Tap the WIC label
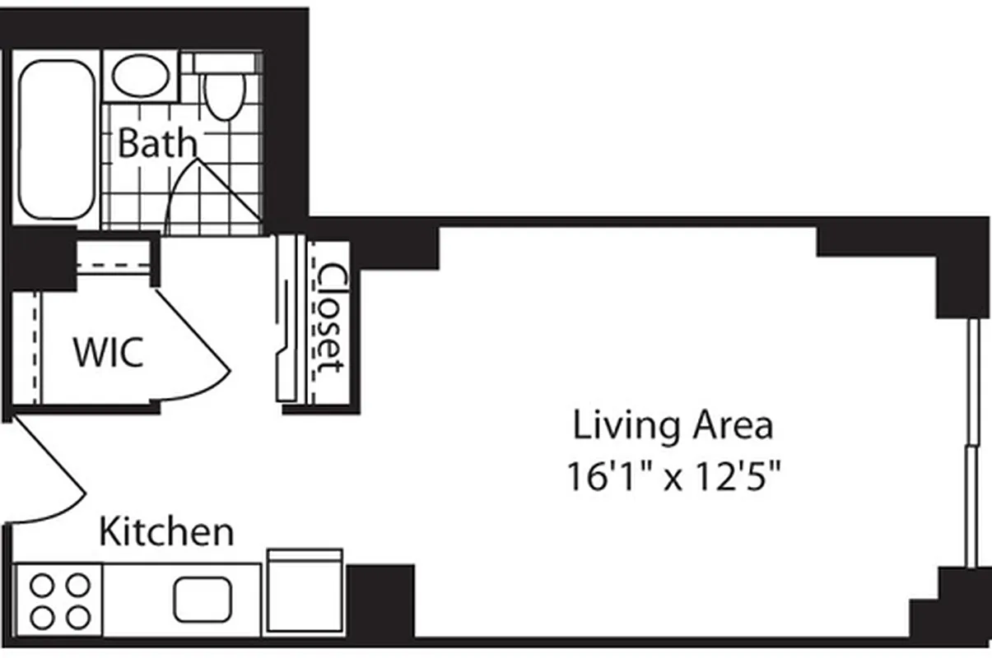(x=109, y=352)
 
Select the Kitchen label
(x=166, y=531)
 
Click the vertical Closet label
(x=331, y=319)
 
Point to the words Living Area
(x=673, y=426)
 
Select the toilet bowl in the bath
(x=224, y=97)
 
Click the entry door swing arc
(x=58, y=477)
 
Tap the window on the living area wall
(x=972, y=444)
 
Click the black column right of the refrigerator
(x=380, y=600)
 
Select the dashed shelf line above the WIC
(x=114, y=265)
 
